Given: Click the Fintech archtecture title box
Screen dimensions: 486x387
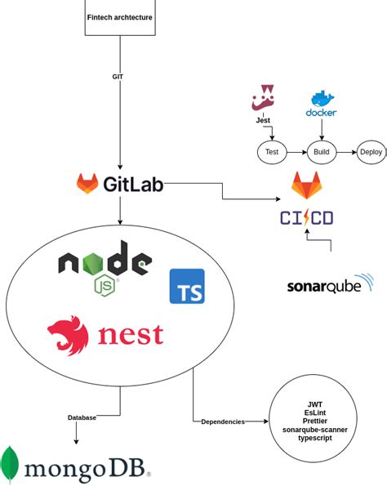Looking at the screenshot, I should pyautogui.click(x=119, y=17).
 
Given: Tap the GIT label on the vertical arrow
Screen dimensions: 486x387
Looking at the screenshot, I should pyautogui.click(x=118, y=77).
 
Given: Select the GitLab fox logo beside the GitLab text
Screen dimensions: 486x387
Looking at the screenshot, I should pyautogui.click(x=87, y=184).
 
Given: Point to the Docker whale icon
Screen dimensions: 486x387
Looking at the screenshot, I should pyautogui.click(x=321, y=101).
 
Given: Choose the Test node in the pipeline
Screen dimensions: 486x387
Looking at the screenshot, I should pyautogui.click(x=272, y=151).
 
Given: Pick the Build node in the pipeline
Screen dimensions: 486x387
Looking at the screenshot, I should pyautogui.click(x=321, y=151).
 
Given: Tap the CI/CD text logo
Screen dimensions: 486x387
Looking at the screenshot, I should pyautogui.click(x=306, y=218).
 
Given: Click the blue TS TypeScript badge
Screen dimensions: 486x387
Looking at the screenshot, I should pyautogui.click(x=187, y=286).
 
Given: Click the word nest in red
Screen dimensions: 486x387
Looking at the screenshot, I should pyautogui.click(x=131, y=335).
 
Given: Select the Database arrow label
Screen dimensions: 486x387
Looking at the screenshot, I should pyautogui.click(x=82, y=417).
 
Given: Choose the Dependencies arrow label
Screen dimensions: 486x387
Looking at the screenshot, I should pyautogui.click(x=222, y=421).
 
